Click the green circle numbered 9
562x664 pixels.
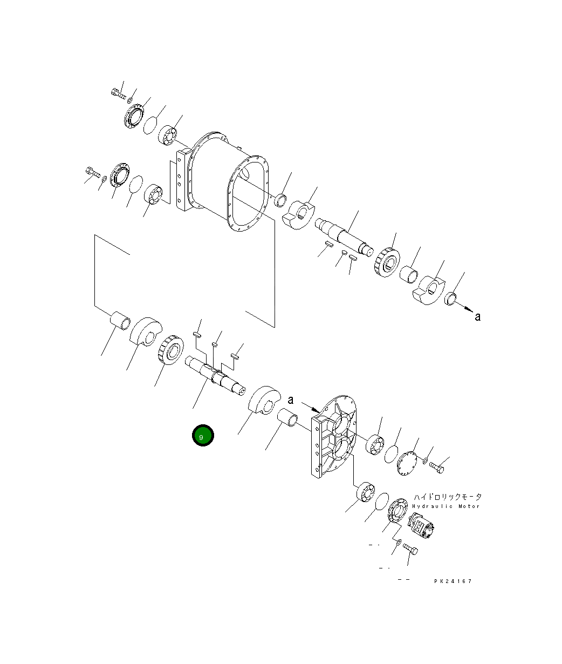(203, 435)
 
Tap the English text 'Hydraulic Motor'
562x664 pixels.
(446, 506)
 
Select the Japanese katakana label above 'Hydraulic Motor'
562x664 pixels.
(448, 497)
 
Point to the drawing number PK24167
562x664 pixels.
(453, 581)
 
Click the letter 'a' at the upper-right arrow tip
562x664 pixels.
(477, 317)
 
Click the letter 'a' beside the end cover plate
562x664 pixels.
(291, 400)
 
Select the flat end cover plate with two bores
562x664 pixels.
(334, 437)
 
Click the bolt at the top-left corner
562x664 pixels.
(118, 93)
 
